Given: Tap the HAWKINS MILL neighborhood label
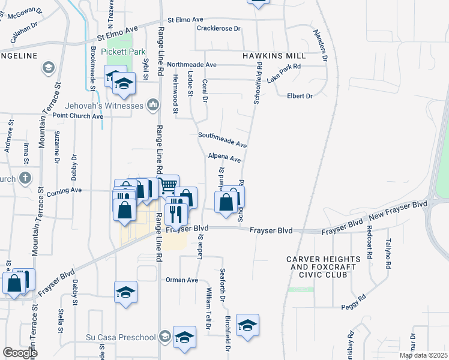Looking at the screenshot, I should (x=274, y=55).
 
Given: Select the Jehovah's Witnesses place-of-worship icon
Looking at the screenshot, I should (x=152, y=106).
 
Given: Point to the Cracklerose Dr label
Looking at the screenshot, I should (x=218, y=28).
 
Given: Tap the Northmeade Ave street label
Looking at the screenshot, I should (x=191, y=64).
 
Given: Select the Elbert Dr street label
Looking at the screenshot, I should (x=300, y=96).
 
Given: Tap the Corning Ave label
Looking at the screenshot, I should (x=68, y=190).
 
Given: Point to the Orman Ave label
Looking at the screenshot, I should (x=181, y=280).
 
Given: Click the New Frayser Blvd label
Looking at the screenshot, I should (x=397, y=211).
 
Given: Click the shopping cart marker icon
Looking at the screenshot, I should (x=167, y=185).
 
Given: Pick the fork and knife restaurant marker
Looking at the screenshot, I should (x=176, y=212).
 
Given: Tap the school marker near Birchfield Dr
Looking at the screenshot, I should (x=247, y=326).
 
